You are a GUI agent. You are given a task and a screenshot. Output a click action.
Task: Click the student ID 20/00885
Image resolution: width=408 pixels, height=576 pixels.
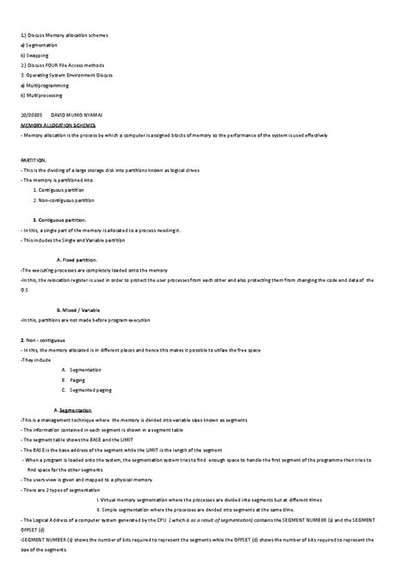32,113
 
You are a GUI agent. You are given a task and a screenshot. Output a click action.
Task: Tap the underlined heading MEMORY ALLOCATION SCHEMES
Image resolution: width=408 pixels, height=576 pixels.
58,125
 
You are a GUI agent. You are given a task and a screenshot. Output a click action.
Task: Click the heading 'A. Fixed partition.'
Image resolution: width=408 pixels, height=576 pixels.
77,259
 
